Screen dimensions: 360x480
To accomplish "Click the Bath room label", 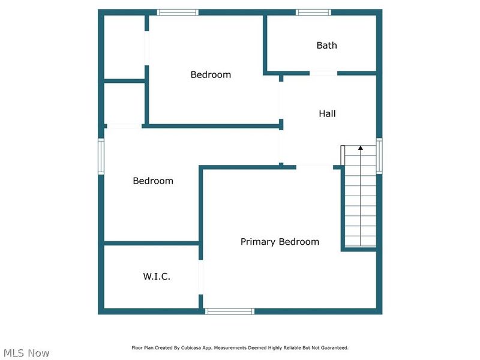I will (x=326, y=45).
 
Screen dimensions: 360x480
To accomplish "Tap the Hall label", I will (x=327, y=113).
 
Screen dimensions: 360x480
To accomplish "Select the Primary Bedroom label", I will (x=280, y=242).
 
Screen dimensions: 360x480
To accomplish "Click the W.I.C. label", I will (x=157, y=277).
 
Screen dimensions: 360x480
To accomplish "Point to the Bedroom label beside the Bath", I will (x=211, y=74).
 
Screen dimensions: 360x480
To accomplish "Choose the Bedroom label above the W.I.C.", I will (x=153, y=181).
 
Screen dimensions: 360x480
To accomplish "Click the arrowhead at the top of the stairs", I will (x=361, y=147).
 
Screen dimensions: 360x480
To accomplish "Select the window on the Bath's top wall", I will (x=313, y=12).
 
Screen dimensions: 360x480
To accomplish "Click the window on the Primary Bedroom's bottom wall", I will (x=230, y=311).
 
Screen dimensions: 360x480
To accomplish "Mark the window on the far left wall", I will (x=101, y=156).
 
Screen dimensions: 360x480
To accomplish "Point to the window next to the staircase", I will (x=379, y=156).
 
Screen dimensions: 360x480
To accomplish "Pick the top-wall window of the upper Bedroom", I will (x=178, y=12).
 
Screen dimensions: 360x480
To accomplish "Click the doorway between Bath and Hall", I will (x=323, y=73).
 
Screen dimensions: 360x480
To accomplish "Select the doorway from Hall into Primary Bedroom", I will (x=315, y=166).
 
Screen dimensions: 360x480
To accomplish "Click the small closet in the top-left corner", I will (x=124, y=47).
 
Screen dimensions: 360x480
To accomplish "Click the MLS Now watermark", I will (x=26, y=353).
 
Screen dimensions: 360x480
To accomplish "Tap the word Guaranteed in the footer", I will (x=334, y=347).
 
